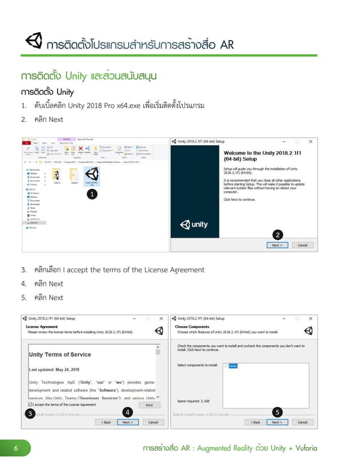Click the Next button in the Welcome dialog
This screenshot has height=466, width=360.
[x=276, y=245]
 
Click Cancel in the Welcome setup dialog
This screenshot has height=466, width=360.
[x=302, y=245]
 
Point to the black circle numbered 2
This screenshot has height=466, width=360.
[x=278, y=234]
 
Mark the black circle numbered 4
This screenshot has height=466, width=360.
[x=129, y=412]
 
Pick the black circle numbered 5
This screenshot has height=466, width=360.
[x=278, y=412]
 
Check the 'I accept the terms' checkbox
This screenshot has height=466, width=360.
[x=29, y=405]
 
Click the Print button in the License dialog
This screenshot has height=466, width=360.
[x=149, y=405]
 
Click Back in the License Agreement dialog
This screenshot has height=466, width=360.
[x=105, y=422]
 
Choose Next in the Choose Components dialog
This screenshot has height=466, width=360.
[x=276, y=422]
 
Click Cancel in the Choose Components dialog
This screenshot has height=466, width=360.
[x=302, y=422]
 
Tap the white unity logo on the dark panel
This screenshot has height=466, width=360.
[x=194, y=225]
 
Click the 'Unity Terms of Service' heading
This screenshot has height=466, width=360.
[x=60, y=354]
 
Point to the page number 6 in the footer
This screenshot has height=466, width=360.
[x=16, y=449]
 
